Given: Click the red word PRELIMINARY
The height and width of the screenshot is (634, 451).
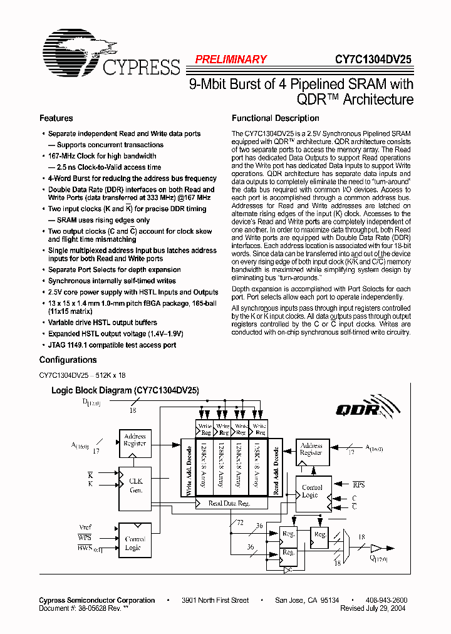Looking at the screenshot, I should pyautogui.click(x=231, y=60).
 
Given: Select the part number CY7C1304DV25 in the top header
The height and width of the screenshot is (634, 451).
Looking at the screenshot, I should pyautogui.click(x=373, y=60).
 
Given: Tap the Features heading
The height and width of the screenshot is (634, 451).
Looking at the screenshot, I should pyautogui.click(x=56, y=118).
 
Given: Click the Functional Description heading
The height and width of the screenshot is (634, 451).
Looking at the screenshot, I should pyautogui.click(x=276, y=118).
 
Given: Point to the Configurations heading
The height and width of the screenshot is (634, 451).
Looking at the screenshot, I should pyautogui.click(x=68, y=360).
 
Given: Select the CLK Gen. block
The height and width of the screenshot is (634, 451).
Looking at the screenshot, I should pyautogui.click(x=135, y=486).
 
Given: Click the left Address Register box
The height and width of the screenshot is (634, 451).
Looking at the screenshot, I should pyautogui.click(x=135, y=440).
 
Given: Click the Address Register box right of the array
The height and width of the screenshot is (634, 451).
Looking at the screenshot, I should pyautogui.click(x=311, y=449).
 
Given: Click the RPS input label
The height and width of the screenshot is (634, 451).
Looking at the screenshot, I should pyautogui.click(x=358, y=484).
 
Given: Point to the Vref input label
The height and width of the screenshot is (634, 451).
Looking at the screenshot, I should pyautogui.click(x=85, y=527).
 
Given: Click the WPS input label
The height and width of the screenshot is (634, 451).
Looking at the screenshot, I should pyautogui.click(x=85, y=538).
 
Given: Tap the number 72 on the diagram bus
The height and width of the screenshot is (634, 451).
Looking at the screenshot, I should pyautogui.click(x=239, y=522).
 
